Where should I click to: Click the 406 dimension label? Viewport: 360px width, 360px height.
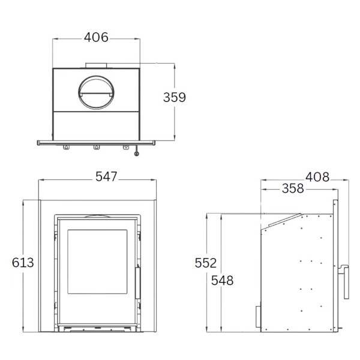tap(96, 38)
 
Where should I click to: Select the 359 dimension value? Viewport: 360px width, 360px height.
tap(175, 97)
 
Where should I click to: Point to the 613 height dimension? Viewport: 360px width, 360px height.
tap(23, 262)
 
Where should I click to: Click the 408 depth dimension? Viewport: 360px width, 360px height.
tap(317, 177)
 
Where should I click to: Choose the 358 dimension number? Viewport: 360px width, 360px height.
tap(292, 189)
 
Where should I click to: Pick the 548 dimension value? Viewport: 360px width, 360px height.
tap(222, 280)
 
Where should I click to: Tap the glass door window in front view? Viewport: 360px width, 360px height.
tap(97, 262)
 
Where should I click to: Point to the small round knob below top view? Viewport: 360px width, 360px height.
tap(137, 154)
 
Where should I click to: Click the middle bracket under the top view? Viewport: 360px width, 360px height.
tap(96, 147)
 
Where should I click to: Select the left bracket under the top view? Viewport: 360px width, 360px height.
tap(66, 147)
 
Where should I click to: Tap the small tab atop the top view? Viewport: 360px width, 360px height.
tap(96, 65)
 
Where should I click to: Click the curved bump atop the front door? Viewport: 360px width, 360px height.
tap(96, 215)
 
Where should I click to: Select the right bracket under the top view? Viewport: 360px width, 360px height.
tap(126, 147)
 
